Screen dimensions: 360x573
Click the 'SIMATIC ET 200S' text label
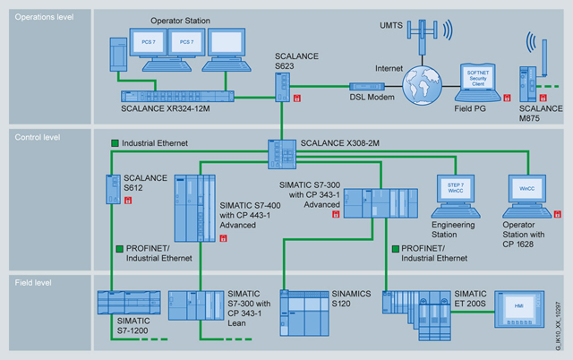483,293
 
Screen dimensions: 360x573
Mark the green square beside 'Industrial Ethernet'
115,143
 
